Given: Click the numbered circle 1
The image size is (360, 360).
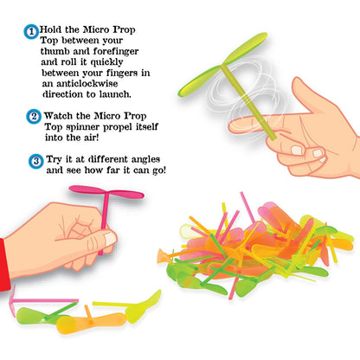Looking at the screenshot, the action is click(x=31, y=32).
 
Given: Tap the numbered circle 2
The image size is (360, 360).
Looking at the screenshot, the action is click(x=34, y=117).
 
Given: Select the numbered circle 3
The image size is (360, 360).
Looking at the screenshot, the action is click(x=36, y=161).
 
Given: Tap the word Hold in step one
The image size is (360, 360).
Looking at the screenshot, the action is click(x=50, y=29).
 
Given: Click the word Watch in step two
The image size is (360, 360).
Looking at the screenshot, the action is click(x=58, y=116).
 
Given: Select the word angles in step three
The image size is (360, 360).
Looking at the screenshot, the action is click(x=145, y=159).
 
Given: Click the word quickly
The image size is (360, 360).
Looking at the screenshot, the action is click(x=106, y=62).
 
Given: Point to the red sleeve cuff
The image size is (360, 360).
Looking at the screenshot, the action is click(x=4, y=265).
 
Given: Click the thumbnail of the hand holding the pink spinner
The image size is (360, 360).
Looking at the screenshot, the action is click(x=110, y=239).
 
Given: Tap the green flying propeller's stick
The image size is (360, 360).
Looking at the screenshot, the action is click(x=248, y=102).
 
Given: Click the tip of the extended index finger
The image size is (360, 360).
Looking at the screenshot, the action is click(x=231, y=126).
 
